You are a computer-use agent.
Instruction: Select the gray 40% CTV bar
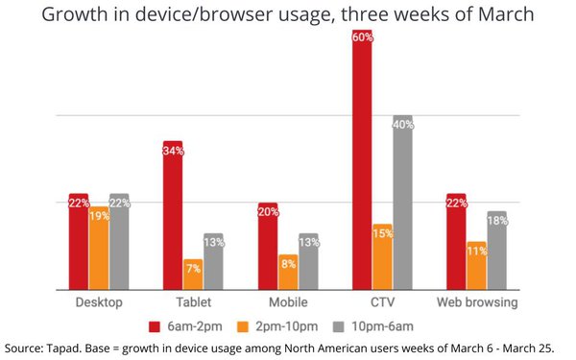pos(402,203)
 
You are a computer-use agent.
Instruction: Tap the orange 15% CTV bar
pos(382,257)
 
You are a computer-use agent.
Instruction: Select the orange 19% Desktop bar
pos(98,247)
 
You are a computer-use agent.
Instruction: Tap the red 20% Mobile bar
pos(268,246)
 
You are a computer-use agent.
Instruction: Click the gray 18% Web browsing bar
pos(497,251)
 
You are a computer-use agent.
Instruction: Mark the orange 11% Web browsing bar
pos(477,266)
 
